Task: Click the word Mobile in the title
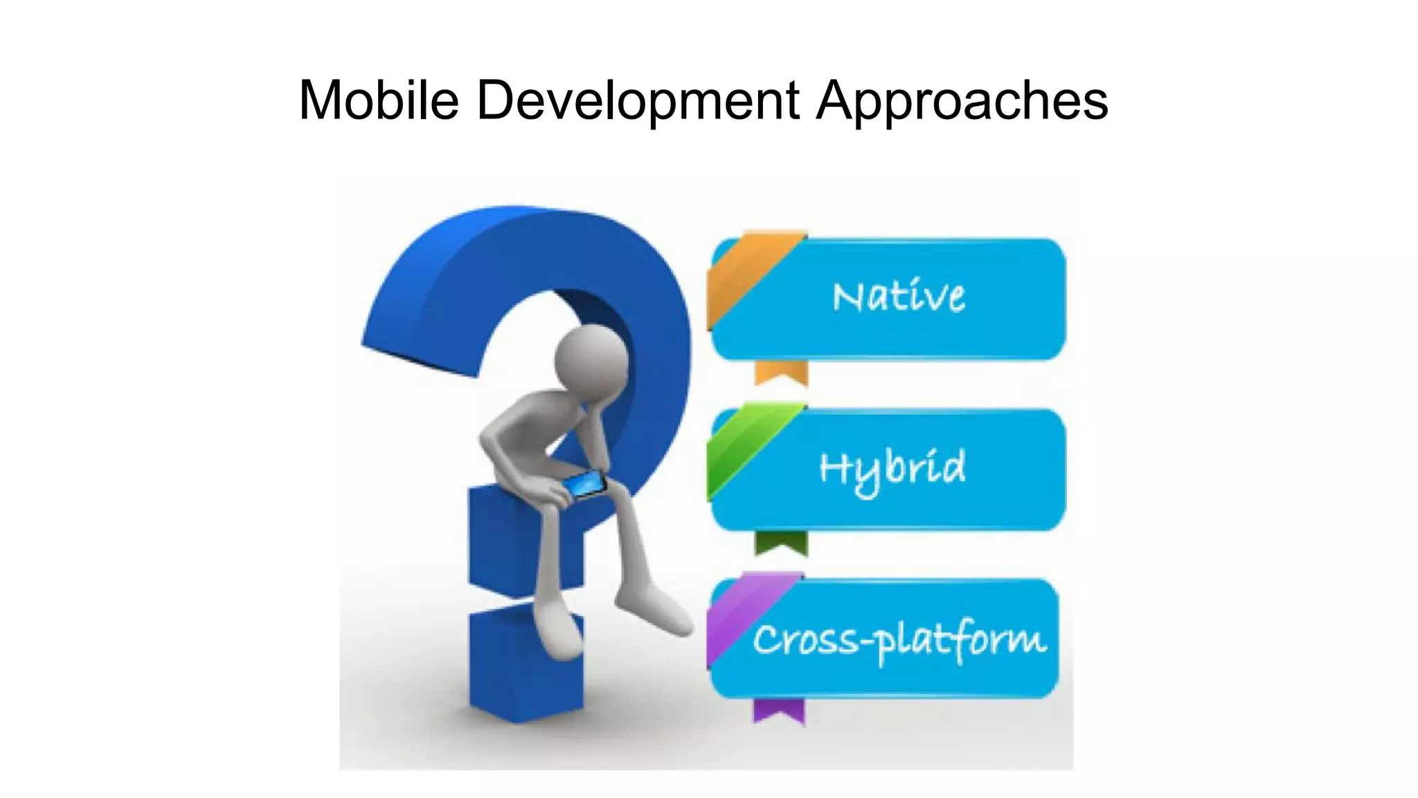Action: [x=379, y=100]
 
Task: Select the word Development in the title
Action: [x=638, y=100]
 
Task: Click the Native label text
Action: [x=899, y=296]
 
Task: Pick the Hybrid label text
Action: [x=892, y=469]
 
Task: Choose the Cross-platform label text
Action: [x=899, y=639]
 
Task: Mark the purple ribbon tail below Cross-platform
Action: [x=779, y=711]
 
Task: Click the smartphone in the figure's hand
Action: [x=584, y=483]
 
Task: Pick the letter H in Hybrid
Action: [x=834, y=468]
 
